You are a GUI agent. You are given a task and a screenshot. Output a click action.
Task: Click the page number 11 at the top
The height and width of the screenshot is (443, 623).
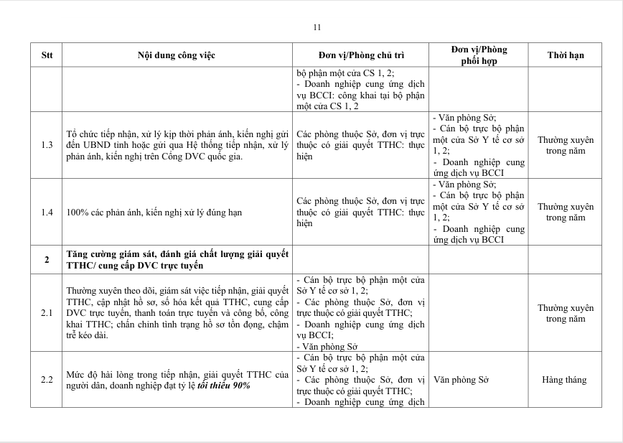317,27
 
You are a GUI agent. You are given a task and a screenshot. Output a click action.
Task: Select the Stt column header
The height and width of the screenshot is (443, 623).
47,55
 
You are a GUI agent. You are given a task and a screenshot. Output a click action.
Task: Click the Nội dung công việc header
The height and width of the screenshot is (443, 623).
177,55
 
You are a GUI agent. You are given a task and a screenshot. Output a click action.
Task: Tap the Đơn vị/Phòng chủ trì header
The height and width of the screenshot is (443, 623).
361,55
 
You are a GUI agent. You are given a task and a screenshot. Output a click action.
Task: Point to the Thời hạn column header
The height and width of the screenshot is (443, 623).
566,55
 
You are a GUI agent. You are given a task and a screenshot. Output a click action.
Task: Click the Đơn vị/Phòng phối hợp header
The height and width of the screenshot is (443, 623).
479,55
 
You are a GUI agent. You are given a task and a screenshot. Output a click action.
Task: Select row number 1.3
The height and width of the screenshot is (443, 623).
47,146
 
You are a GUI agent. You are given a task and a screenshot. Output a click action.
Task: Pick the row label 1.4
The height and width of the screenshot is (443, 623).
47,213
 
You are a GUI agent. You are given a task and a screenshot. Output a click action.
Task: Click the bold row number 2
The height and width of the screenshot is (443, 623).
47,260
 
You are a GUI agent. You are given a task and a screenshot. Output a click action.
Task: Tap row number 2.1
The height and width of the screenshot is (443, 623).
47,313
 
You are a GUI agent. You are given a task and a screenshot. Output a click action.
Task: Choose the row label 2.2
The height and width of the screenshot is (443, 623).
47,380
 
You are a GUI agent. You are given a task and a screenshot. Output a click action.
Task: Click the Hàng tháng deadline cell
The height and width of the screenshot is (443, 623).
565,380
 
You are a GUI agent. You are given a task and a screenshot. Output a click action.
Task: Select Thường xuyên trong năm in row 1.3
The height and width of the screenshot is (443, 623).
566,146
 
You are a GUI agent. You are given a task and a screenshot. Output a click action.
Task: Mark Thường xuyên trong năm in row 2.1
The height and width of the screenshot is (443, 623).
566,313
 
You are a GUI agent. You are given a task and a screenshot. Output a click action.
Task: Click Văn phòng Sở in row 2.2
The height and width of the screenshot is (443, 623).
460,380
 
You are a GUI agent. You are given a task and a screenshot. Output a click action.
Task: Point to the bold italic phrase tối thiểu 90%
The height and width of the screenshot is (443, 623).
224,385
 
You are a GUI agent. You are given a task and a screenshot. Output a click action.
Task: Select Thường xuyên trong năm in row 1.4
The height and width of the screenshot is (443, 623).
566,213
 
